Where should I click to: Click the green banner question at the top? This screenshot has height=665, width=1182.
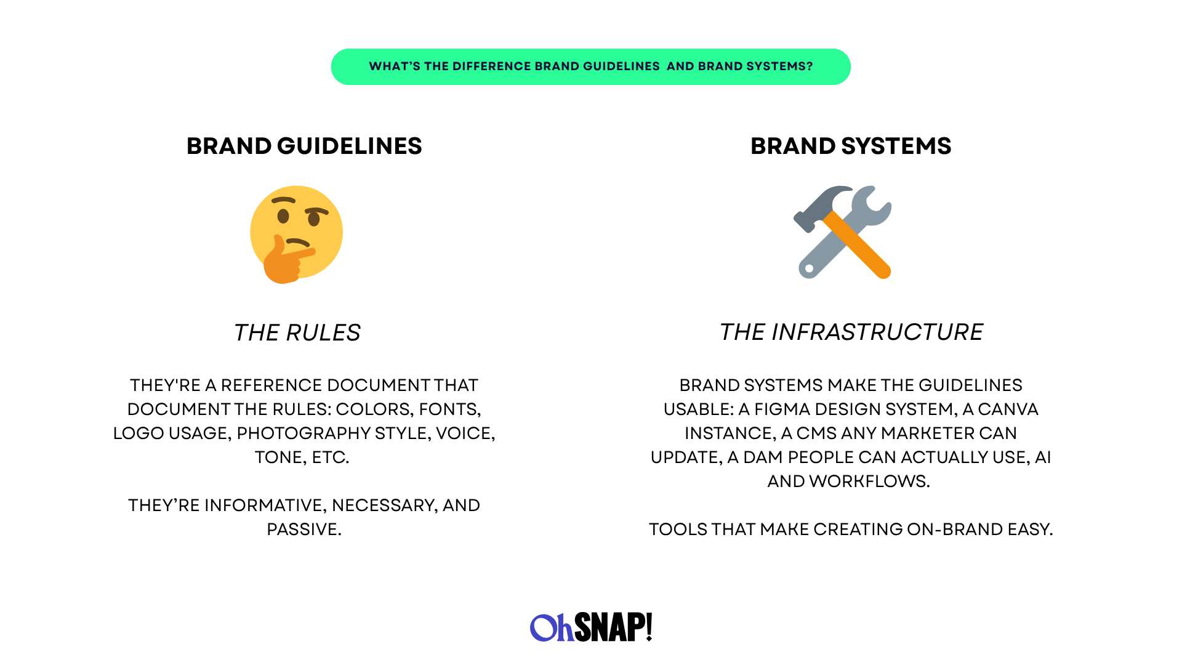pos(590,66)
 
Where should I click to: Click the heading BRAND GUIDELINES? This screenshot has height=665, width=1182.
pos(304,146)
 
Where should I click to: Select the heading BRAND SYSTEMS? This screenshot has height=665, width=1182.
pos(851,146)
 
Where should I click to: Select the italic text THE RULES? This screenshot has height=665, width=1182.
pos(297,332)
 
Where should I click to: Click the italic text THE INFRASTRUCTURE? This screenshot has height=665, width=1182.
pos(851,332)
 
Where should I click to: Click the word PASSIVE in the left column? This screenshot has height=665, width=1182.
pos(303,529)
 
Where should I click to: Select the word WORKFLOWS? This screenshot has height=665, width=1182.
pos(868,481)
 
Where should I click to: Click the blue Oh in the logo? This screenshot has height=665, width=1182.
pos(552,627)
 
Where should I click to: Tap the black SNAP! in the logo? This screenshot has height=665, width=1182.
pos(613,627)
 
